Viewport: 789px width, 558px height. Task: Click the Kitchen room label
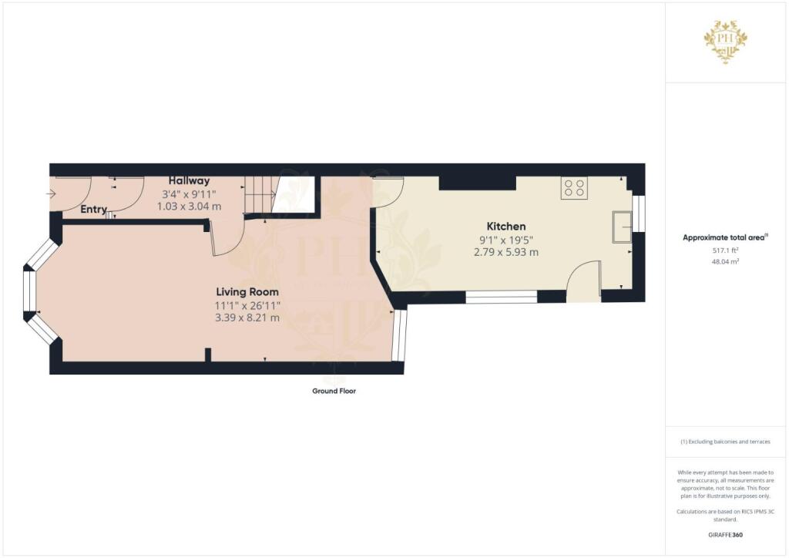coord(505,227)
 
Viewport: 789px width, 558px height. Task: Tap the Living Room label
coord(247,292)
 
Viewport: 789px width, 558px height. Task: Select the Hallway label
coord(189,180)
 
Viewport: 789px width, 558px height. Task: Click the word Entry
coord(93,209)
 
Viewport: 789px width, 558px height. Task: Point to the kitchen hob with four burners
coord(575,188)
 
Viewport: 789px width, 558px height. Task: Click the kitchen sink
coord(622,227)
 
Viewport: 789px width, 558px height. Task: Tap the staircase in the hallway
coord(260,195)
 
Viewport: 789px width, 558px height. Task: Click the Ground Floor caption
coord(334,391)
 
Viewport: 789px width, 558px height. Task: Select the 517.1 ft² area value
coord(724,250)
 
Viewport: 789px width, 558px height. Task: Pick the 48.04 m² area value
coord(724,261)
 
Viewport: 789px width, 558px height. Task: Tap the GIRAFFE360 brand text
coord(725,534)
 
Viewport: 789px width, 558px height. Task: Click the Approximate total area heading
coord(724,237)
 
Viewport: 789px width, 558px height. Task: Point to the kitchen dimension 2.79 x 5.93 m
coord(505,252)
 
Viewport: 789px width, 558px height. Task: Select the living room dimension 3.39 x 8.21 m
coord(247,318)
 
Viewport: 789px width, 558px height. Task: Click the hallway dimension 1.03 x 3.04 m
coord(189,206)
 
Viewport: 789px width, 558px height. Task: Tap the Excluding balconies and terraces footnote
coord(724,442)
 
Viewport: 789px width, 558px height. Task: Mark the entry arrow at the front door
coord(52,193)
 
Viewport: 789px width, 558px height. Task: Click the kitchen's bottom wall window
coord(501,296)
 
